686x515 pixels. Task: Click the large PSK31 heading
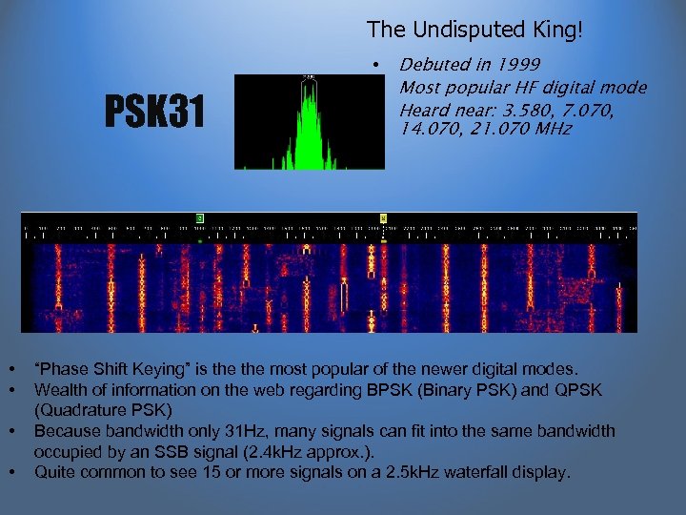click(153, 114)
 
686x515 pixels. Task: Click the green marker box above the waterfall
click(199, 218)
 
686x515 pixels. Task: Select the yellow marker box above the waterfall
click(384, 218)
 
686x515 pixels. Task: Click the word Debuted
click(432, 65)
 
